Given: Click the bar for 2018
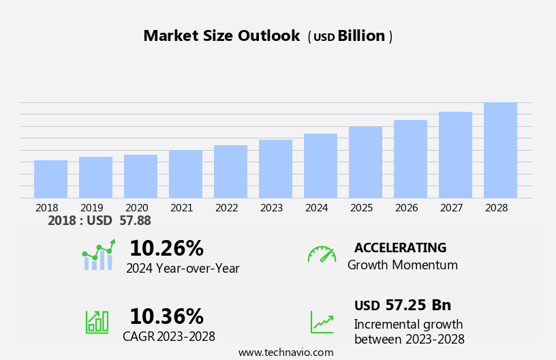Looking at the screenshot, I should pos(50,179).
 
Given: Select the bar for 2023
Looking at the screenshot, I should pos(275,169).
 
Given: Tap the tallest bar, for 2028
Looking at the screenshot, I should pos(500,151).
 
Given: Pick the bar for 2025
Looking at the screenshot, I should pos(365,162).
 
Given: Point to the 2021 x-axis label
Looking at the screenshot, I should pos(181,208).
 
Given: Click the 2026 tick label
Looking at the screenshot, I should pos(406,208).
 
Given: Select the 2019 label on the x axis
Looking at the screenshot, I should pos(91,208).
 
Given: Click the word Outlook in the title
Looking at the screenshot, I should pos(268,36).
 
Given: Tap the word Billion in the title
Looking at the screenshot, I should pos(361,36).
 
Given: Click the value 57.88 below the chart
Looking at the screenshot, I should pos(135,221).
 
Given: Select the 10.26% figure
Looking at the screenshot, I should pos(166,248).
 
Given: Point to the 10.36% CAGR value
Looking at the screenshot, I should pos(166,316).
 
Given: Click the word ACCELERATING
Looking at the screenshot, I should pos(400,248).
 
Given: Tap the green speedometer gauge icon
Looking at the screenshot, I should pos(322,254).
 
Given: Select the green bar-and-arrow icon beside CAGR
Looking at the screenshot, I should pos(97,321).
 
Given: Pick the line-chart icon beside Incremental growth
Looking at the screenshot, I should pos(322,322).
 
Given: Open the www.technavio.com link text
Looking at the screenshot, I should pos(285,352).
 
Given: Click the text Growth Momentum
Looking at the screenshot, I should pos(402,265).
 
